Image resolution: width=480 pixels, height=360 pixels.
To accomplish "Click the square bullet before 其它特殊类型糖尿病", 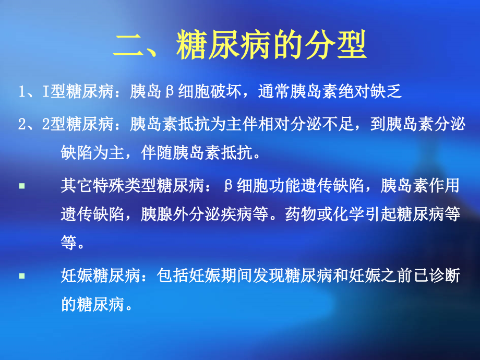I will [22, 185].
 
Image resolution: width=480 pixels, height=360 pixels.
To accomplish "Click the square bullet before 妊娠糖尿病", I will [22, 275].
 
